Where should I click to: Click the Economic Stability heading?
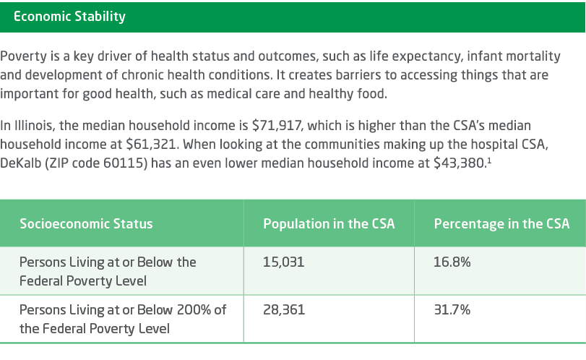(69, 17)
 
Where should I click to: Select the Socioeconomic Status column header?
(86, 223)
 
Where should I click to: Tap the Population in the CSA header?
(329, 223)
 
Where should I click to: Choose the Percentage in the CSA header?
(501, 223)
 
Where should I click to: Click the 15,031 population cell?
(284, 262)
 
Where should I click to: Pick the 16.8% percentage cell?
(452, 262)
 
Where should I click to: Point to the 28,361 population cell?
(284, 310)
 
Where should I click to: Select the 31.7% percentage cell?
(452, 310)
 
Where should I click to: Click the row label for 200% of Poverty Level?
(123, 319)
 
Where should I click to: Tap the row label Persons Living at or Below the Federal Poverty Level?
(108, 270)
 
